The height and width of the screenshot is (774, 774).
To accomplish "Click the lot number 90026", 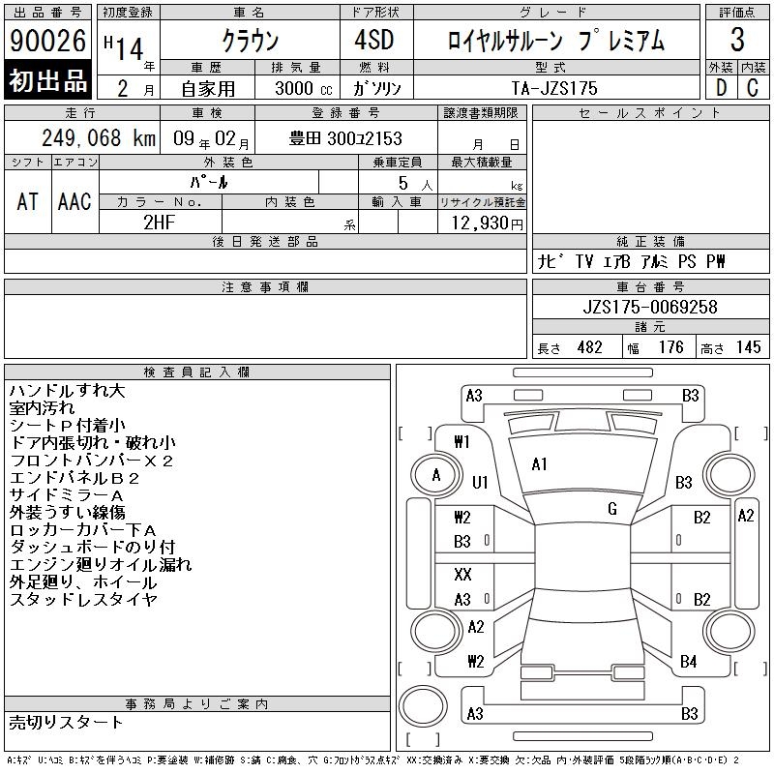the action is point(47,40).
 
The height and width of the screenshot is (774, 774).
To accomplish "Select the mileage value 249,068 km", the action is point(99,137).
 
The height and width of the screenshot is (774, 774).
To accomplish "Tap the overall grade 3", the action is point(737,40).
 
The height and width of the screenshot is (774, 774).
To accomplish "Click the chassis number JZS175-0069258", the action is point(650,307).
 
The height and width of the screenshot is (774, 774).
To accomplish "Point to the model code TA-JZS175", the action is point(554,88).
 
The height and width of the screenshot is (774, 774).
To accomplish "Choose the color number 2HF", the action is point(159,223).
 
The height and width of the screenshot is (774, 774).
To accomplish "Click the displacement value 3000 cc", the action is point(304,88).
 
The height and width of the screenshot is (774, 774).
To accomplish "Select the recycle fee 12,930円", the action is point(488,223).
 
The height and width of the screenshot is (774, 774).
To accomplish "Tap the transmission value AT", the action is point(28,202).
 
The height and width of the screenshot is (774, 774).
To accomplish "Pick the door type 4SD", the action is point(374,40).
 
